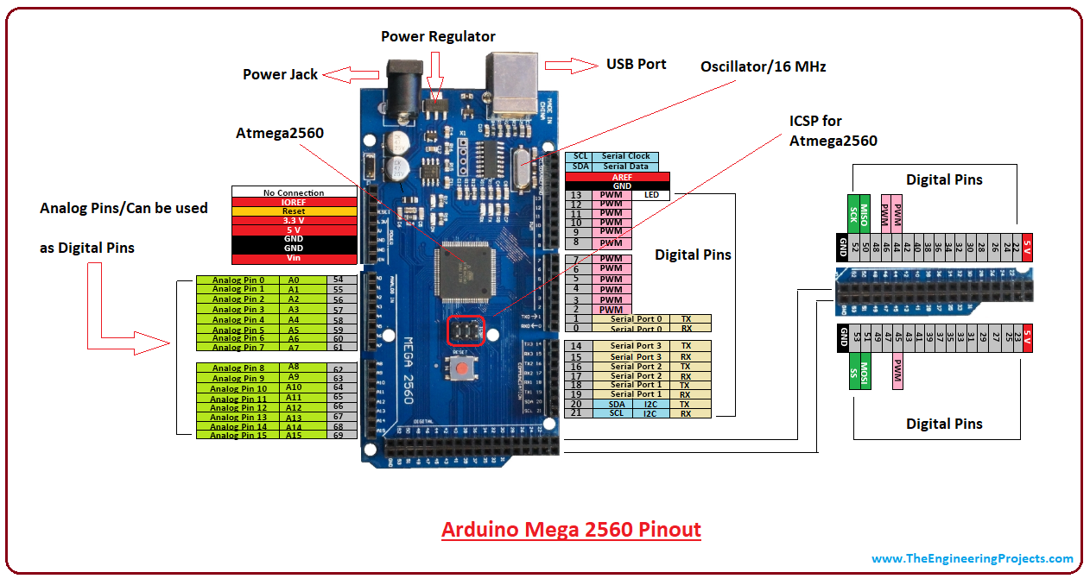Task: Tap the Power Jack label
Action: (x=280, y=74)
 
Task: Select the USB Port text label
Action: (x=636, y=64)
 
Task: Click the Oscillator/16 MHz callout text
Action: (x=763, y=66)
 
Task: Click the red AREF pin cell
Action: (x=611, y=177)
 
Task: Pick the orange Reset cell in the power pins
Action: (x=294, y=211)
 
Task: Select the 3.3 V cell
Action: (x=294, y=221)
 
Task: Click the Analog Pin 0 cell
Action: (x=238, y=280)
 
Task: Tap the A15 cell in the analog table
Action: (x=294, y=436)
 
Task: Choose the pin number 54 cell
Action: (x=338, y=280)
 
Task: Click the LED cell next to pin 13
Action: (x=650, y=195)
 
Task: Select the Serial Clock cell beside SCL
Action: (x=626, y=156)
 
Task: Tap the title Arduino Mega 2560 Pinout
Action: (x=571, y=529)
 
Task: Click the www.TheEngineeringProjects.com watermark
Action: (x=972, y=558)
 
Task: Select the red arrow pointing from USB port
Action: (x=566, y=66)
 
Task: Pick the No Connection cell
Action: (x=294, y=192)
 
